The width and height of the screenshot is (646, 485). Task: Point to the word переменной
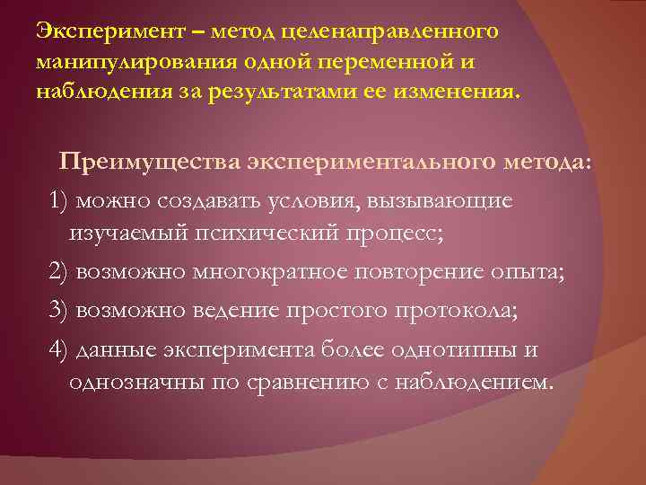399,63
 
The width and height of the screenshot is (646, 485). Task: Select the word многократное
261,272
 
